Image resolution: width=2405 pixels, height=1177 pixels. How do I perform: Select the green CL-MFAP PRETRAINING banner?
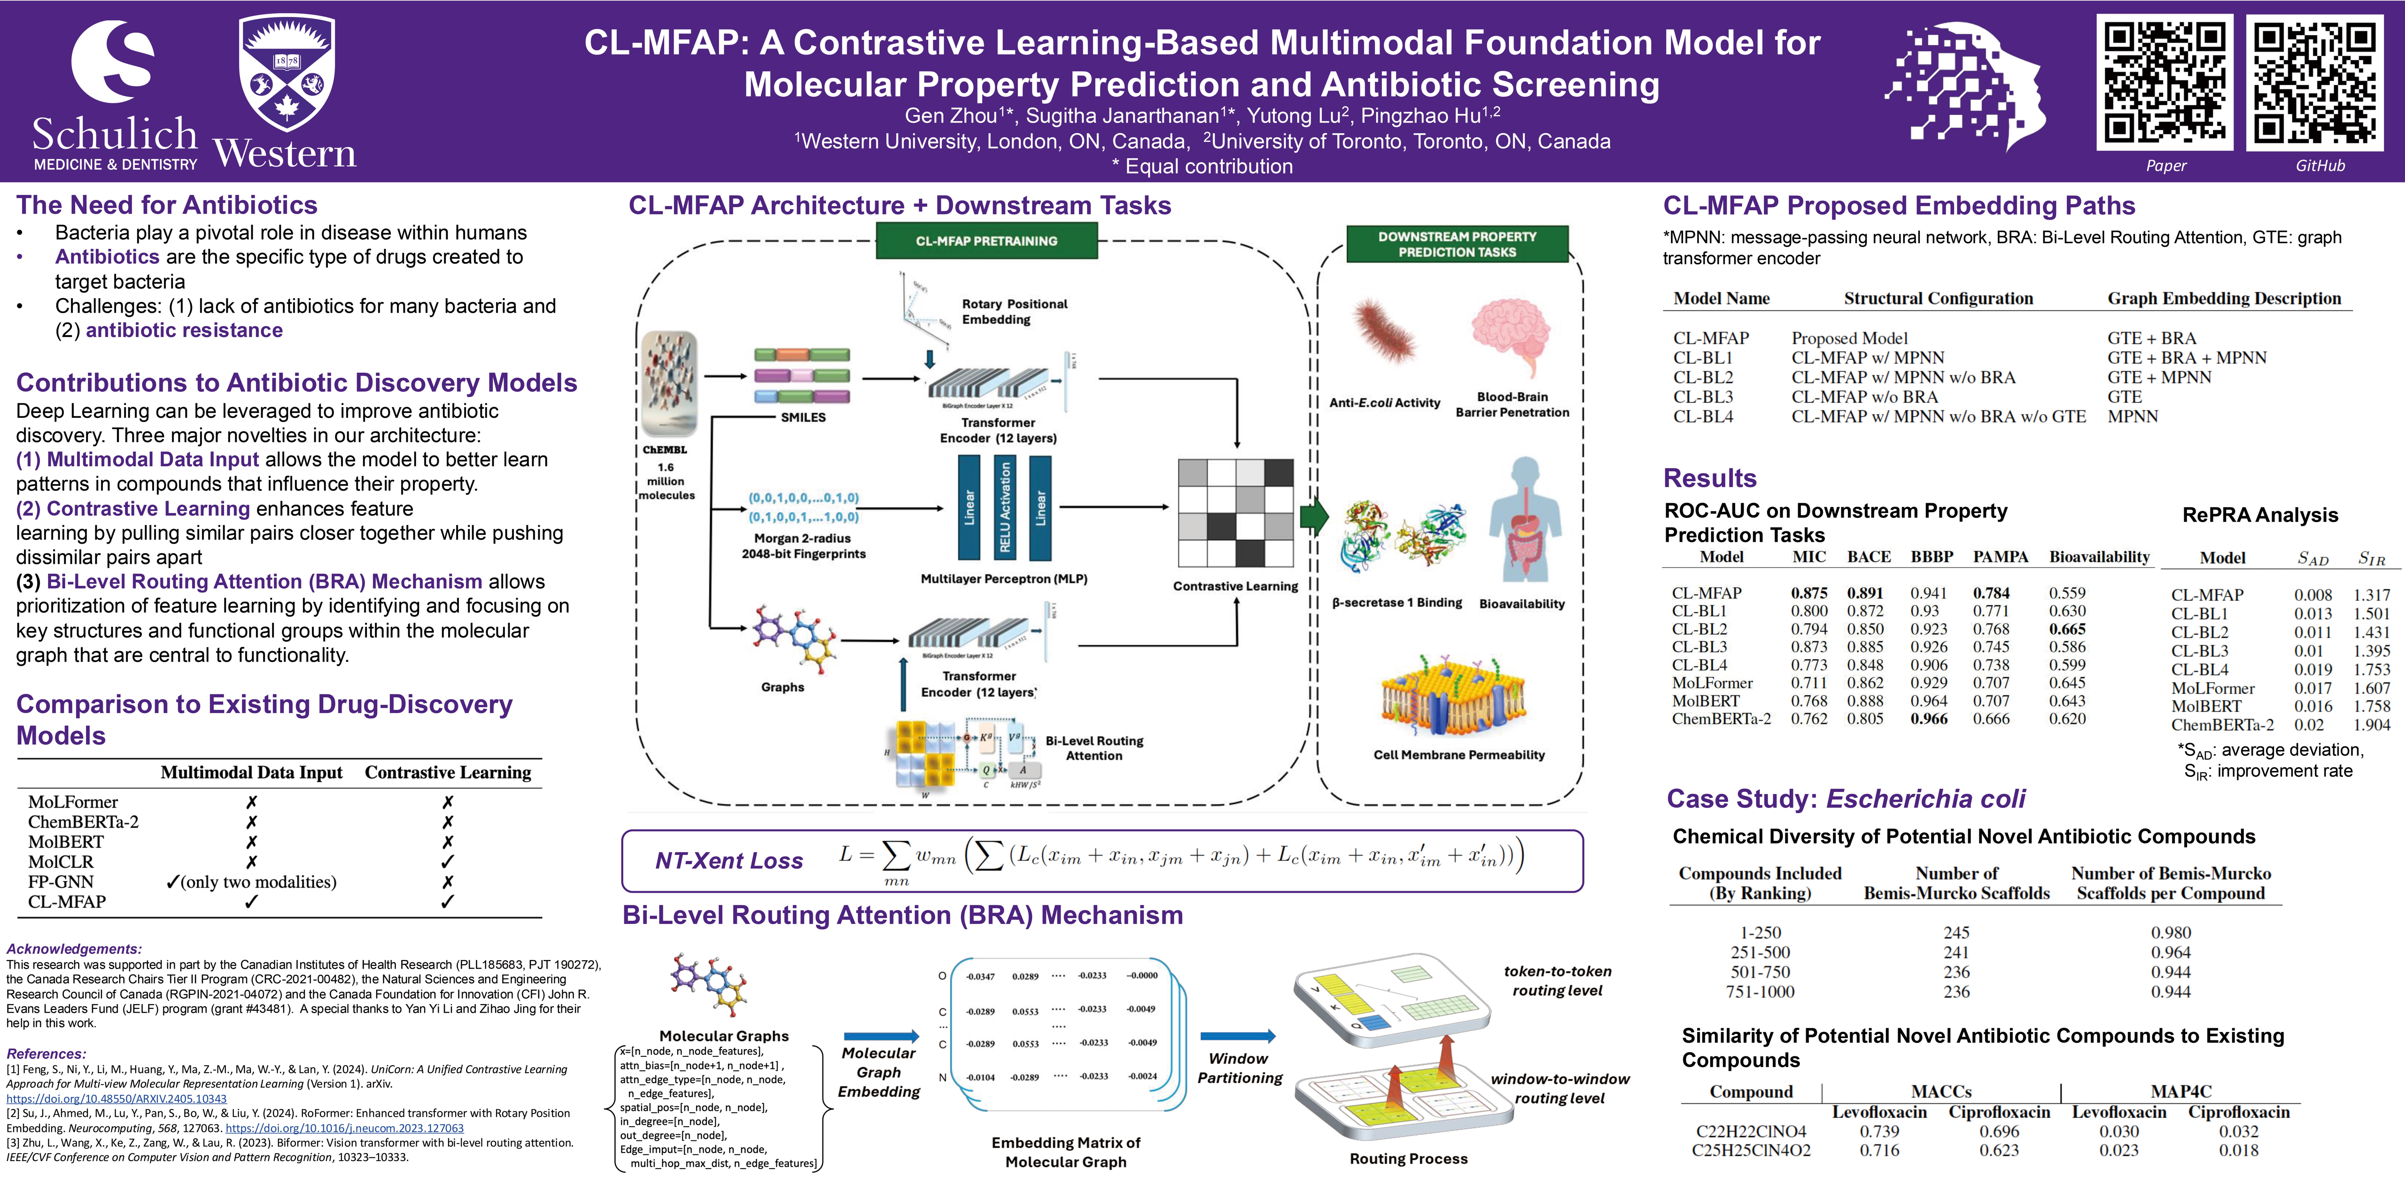tap(986, 241)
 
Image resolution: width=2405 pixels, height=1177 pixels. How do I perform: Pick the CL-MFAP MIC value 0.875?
tap(1808, 592)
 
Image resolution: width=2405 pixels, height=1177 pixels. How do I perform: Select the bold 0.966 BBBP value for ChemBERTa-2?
tap(1929, 719)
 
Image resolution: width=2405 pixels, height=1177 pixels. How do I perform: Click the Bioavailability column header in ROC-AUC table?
tap(2099, 556)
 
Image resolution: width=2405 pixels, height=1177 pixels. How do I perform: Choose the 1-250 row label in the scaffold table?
tap(1760, 932)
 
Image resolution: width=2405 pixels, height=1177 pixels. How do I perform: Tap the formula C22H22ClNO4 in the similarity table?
tap(1751, 1131)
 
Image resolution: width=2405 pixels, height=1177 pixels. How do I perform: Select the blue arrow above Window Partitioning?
tap(1237, 1036)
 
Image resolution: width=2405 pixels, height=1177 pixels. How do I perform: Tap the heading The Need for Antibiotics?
tap(166, 205)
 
